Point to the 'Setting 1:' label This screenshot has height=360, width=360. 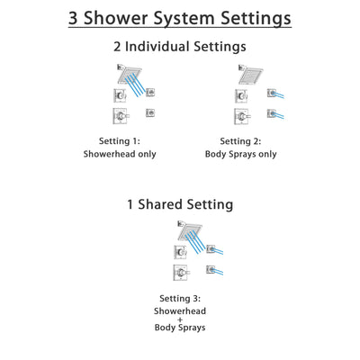119,141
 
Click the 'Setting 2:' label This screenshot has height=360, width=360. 240,141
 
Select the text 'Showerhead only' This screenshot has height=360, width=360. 119,154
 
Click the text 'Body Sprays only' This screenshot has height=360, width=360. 240,154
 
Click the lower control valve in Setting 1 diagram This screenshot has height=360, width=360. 119,117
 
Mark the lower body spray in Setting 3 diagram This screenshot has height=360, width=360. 211,271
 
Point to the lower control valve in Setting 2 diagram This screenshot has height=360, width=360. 240,117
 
